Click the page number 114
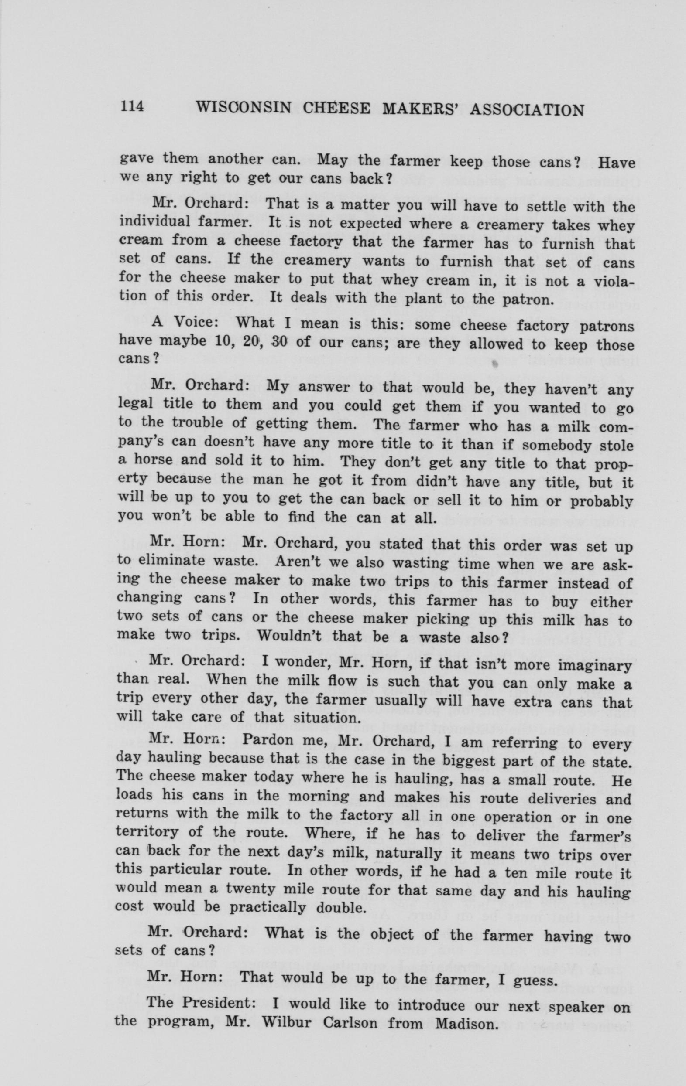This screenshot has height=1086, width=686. pos(131,107)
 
